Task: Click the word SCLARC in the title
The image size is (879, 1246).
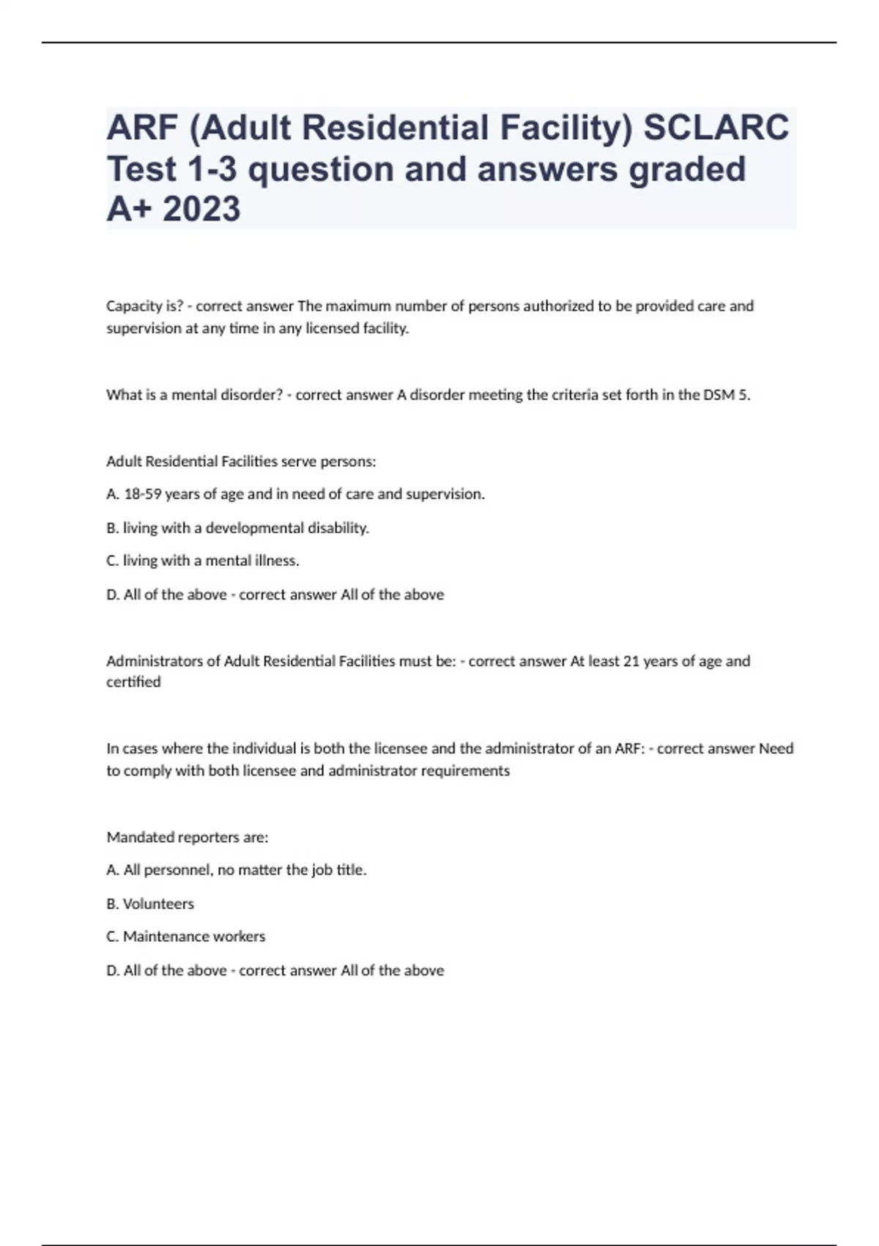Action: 716,127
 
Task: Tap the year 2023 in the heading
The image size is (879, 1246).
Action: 201,209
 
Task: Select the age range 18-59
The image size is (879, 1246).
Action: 143,494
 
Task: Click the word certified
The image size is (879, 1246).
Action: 133,682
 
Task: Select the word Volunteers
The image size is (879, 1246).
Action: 158,904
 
